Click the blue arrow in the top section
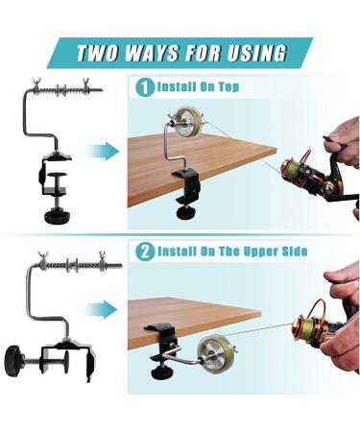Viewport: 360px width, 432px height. pyautogui.click(x=100, y=150)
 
